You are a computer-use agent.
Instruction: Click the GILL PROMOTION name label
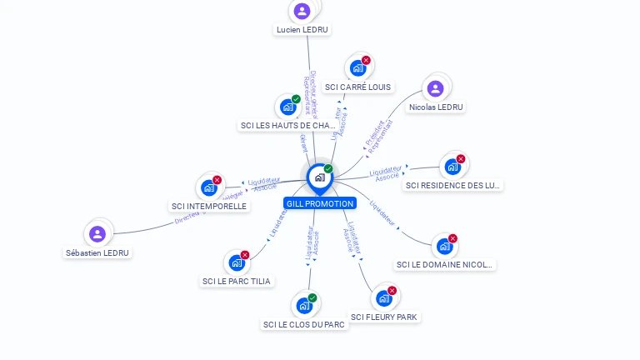click(320, 203)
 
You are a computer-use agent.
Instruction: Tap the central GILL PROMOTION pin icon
click(319, 177)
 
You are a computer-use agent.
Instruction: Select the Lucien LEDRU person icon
click(302, 11)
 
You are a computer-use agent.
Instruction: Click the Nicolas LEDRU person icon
click(435, 88)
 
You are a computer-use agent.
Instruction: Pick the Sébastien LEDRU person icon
click(97, 234)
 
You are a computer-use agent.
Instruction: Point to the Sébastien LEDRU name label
click(98, 252)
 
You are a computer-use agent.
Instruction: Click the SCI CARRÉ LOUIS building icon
click(357, 68)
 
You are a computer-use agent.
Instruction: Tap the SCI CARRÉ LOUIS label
click(357, 87)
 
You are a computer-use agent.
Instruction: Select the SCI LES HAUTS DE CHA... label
click(287, 126)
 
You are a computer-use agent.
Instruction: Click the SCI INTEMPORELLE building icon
click(208, 187)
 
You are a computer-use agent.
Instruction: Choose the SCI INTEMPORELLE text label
click(209, 206)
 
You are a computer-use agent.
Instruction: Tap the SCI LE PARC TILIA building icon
click(237, 262)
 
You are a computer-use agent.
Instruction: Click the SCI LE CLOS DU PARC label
click(304, 324)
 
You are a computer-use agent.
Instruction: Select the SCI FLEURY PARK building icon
click(383, 298)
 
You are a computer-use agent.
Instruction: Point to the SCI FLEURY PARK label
click(384, 317)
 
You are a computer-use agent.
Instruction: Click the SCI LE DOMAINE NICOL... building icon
click(444, 247)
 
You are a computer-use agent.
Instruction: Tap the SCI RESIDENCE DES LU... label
click(453, 185)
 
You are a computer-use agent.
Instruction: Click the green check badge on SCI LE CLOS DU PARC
click(312, 297)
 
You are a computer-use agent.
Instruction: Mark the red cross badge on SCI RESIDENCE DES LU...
click(461, 159)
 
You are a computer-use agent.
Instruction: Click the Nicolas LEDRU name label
click(436, 107)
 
